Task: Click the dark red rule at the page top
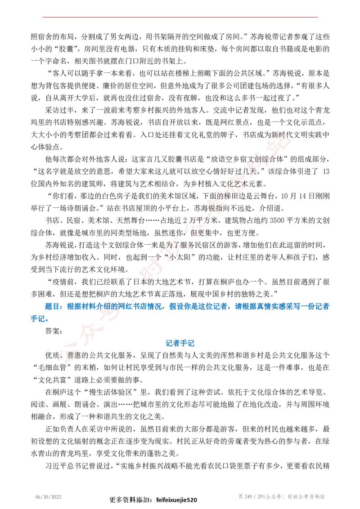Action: click(180, 17)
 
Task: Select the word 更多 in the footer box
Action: click(116, 500)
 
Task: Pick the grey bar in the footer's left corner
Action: click(48, 497)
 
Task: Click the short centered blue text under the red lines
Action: click(180, 344)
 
